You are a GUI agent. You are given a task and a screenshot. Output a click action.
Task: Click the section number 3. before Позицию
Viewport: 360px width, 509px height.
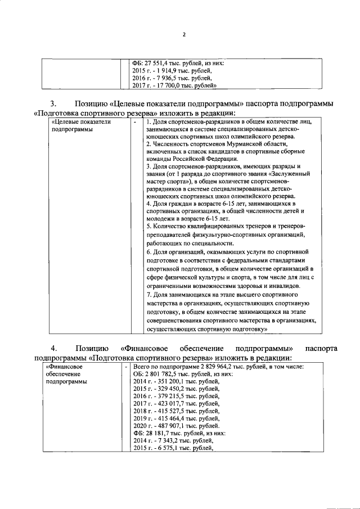pyautogui.click(x=54, y=103)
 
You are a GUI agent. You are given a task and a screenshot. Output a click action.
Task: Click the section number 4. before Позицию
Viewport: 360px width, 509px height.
pyautogui.click(x=54, y=347)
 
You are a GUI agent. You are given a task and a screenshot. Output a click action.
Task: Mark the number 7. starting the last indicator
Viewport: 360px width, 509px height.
pyautogui.click(x=148, y=295)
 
